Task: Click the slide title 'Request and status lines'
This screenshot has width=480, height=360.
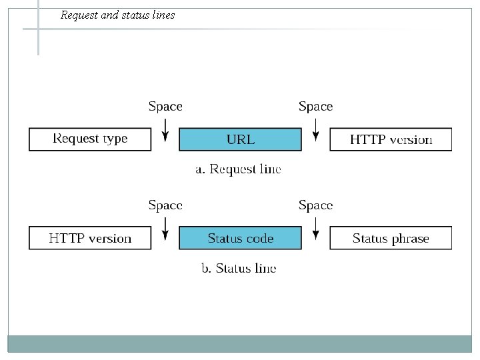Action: [117, 15]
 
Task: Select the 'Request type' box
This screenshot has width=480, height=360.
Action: [90, 139]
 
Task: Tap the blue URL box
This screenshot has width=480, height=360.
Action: [241, 139]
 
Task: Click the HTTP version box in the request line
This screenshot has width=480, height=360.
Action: [391, 139]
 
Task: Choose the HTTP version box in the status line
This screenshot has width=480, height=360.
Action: [90, 238]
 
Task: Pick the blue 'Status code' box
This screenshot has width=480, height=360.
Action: [241, 238]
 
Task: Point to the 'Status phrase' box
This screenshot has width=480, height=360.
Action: [391, 238]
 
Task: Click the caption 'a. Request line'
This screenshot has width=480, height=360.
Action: [238, 169]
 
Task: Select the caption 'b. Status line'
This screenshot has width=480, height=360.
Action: [239, 269]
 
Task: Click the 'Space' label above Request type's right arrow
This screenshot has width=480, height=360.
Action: [165, 107]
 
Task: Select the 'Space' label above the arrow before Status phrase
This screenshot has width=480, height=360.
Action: [315, 205]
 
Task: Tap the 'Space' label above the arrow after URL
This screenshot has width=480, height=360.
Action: [315, 107]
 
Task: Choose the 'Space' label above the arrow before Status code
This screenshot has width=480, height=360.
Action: [165, 205]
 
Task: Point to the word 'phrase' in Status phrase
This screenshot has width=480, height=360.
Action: [409, 239]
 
